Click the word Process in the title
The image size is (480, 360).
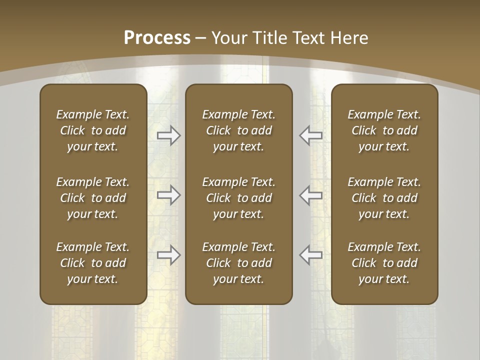click(157, 38)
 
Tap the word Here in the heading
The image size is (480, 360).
click(350, 38)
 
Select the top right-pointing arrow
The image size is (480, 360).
click(168, 135)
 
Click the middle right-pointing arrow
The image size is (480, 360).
click(168, 195)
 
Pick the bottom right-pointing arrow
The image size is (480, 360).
click(168, 255)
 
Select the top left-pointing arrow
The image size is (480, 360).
click(311, 135)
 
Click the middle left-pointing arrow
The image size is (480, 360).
click(311, 195)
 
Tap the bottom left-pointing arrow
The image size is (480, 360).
click(311, 255)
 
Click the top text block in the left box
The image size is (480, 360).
click(93, 130)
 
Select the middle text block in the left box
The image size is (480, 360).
click(93, 198)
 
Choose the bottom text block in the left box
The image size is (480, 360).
click(93, 263)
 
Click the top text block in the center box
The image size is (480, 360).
click(239, 130)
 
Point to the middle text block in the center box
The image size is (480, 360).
click(239, 198)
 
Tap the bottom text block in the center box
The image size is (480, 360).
click(239, 263)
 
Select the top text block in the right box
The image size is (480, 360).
click(384, 130)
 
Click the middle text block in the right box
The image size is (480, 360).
click(384, 198)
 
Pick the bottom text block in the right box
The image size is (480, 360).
click(384, 263)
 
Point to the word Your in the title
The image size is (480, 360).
click(228, 38)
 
